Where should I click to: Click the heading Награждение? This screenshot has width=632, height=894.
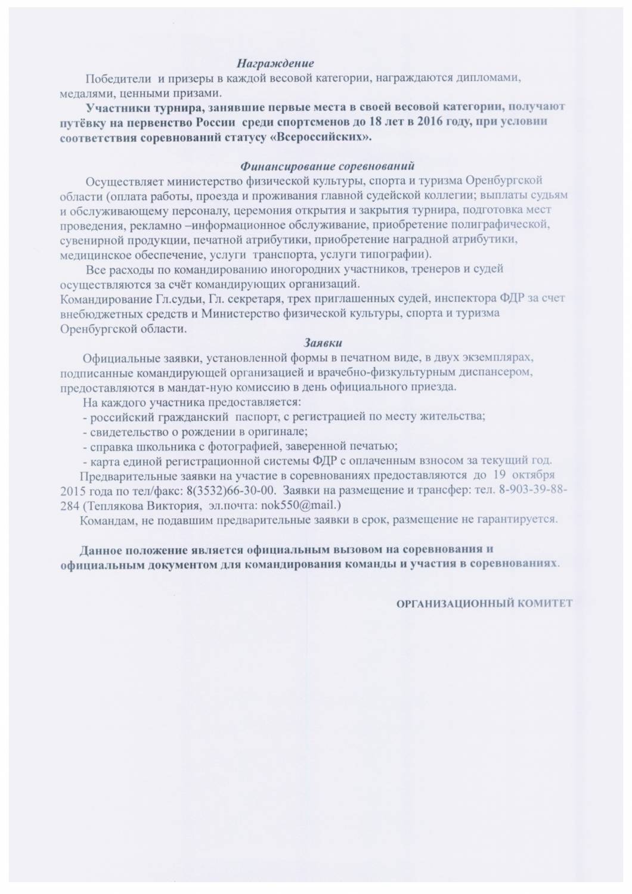pyautogui.click(x=275, y=63)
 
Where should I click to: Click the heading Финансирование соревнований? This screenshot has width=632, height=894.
pyautogui.click(x=327, y=165)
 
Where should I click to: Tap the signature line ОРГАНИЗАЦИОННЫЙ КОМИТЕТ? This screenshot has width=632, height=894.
pyautogui.click(x=484, y=603)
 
